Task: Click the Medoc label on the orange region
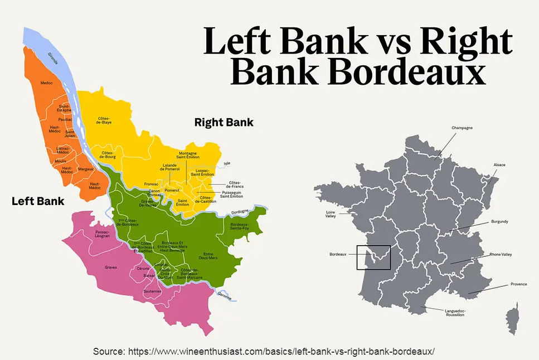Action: click(46, 83)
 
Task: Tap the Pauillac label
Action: click(65, 119)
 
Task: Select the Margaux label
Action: click(86, 169)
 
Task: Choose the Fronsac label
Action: click(151, 183)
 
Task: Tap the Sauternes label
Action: click(152, 290)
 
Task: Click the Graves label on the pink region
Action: click(111, 267)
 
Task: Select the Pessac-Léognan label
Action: click(103, 234)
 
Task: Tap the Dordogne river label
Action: click(239, 212)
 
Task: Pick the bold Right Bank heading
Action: click(224, 122)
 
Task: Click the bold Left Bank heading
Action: click(38, 201)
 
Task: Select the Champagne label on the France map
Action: click(462, 128)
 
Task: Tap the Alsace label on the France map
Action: click(499, 165)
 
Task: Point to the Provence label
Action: click(518, 284)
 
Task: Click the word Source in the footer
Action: click(109, 352)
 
